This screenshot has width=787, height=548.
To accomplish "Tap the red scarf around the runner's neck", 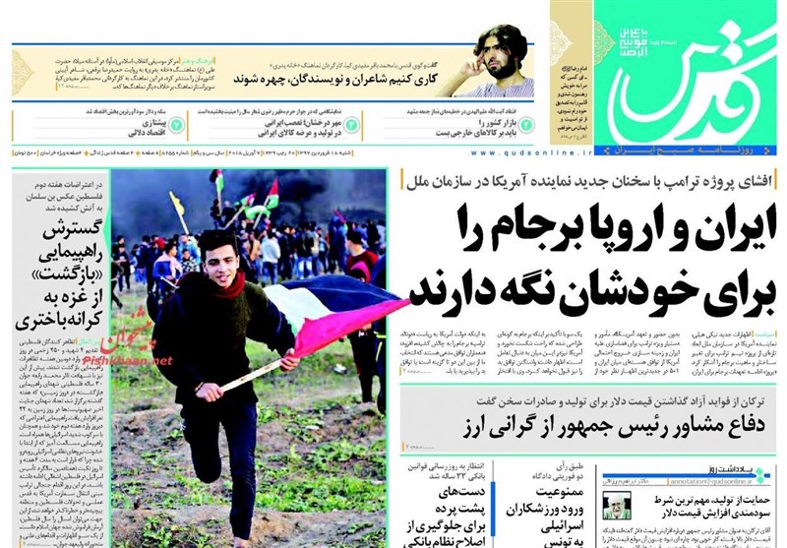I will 228,285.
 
